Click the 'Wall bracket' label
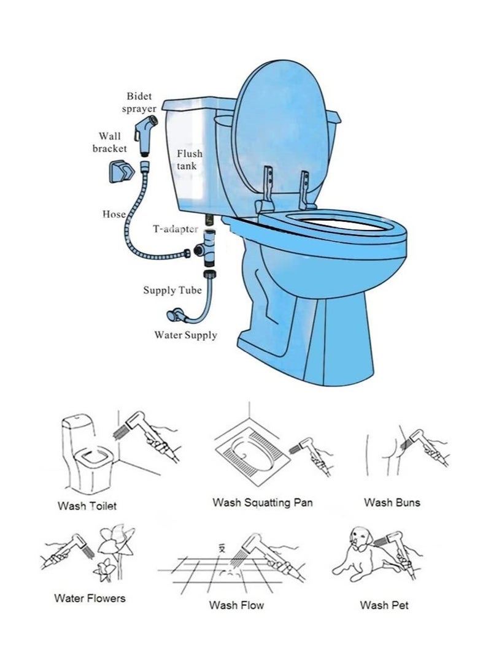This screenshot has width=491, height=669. pyautogui.click(x=110, y=142)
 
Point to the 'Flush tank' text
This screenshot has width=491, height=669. pyautogui.click(x=189, y=159)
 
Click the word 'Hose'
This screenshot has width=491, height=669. pyautogui.click(x=114, y=214)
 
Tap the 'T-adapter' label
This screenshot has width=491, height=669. pyautogui.click(x=176, y=229)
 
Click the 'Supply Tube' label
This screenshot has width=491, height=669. pyautogui.click(x=172, y=290)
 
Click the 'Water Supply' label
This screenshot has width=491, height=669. pyautogui.click(x=185, y=335)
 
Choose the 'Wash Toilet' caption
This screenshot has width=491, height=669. pyautogui.click(x=87, y=506)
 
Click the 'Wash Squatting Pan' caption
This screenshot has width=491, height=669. pyautogui.click(x=263, y=503)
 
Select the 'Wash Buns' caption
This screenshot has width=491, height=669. pyautogui.click(x=392, y=503)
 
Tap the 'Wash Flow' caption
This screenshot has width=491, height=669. pyautogui.click(x=236, y=605)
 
